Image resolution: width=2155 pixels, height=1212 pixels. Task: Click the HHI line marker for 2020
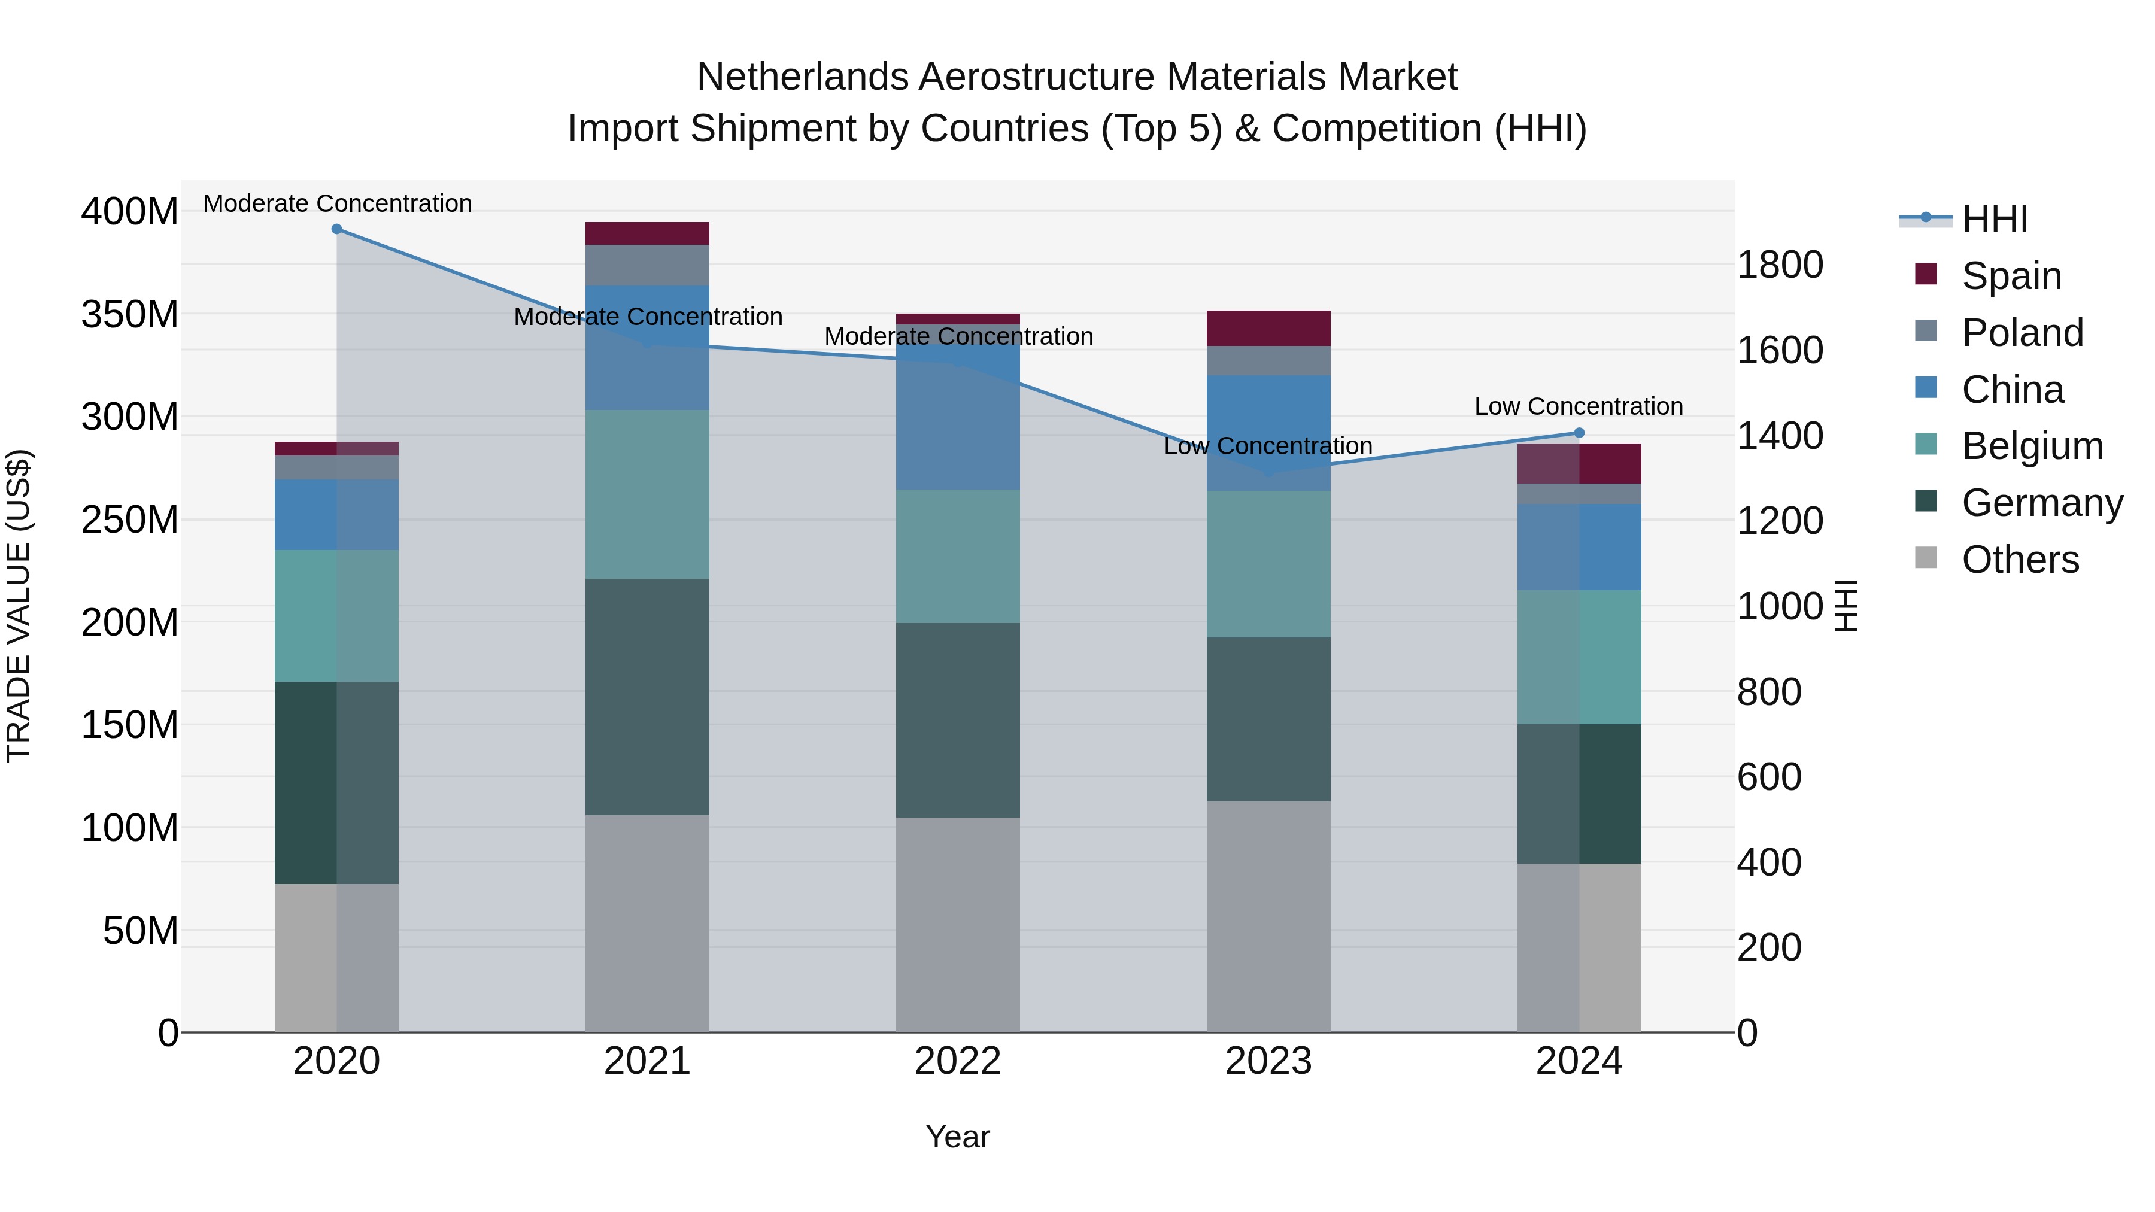click(336, 229)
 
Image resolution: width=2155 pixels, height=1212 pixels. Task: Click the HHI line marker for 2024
click(1579, 433)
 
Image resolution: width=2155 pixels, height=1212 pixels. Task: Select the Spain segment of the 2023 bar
click(1268, 328)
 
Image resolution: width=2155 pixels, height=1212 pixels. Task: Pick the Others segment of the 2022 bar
click(958, 924)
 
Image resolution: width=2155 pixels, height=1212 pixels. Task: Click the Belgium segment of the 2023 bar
click(1268, 564)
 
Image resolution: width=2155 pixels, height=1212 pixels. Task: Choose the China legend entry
click(2012, 390)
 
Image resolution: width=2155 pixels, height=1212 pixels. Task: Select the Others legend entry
click(2020, 560)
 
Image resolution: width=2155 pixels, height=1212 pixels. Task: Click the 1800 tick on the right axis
click(1780, 265)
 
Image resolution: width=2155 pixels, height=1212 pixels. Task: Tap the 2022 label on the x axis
click(958, 1061)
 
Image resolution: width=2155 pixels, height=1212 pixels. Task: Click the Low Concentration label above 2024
click(1578, 406)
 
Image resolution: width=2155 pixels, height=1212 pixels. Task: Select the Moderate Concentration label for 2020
click(337, 203)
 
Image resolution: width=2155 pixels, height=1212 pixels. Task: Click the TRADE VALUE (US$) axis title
click(19, 606)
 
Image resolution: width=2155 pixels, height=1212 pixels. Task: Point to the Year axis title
click(957, 1137)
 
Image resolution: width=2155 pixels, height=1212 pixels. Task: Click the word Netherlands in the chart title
click(802, 77)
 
